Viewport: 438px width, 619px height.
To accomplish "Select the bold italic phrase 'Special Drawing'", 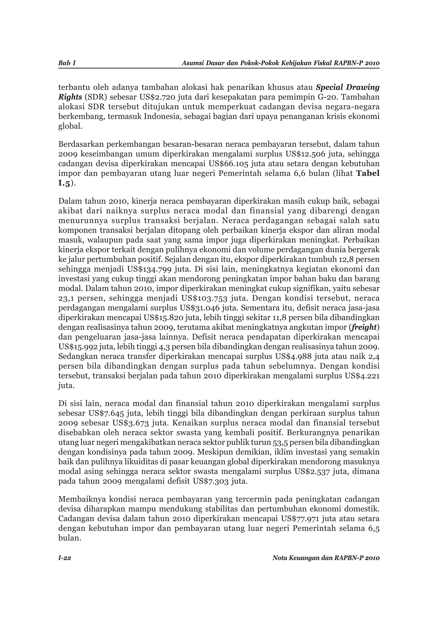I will [347, 87].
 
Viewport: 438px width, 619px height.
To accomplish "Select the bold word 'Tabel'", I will [368, 173].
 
